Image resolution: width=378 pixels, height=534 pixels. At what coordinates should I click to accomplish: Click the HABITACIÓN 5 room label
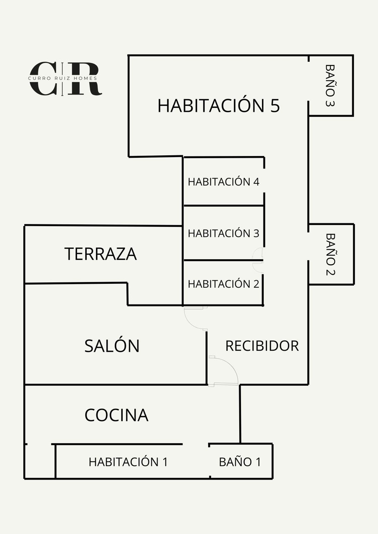218,105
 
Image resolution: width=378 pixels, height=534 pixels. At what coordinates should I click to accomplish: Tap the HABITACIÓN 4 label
223,182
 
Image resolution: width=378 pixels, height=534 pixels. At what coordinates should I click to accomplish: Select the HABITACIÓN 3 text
223,233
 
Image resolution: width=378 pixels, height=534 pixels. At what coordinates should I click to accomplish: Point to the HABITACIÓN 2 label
223,284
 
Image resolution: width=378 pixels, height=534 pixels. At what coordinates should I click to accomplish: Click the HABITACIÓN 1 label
128,462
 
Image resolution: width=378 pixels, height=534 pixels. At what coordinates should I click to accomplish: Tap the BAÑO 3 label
330,86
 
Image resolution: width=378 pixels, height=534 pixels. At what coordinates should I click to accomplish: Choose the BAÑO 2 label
330,254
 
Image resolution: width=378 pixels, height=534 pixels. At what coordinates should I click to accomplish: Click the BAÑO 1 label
240,462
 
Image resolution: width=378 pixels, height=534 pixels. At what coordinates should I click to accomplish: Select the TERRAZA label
101,254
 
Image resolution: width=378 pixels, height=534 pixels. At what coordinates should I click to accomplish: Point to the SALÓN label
112,346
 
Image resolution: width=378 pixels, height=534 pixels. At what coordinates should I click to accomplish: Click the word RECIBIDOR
262,346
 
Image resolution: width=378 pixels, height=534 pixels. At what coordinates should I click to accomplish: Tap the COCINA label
116,415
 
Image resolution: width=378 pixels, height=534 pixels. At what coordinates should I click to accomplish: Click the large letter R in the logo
84,79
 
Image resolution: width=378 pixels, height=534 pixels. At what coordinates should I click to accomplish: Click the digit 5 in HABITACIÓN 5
275,105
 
